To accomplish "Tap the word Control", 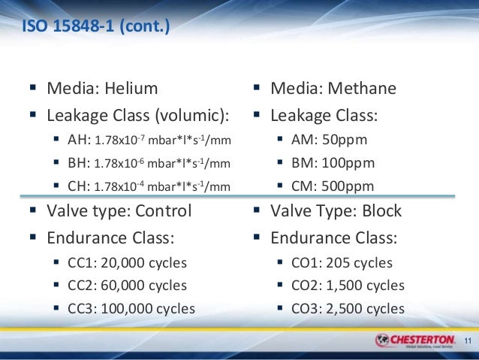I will (x=163, y=210).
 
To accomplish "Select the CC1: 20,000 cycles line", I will (x=127, y=263).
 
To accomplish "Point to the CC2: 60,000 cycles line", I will (x=127, y=286).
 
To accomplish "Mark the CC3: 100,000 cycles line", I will (x=131, y=308).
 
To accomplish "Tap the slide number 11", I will (x=468, y=343).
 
